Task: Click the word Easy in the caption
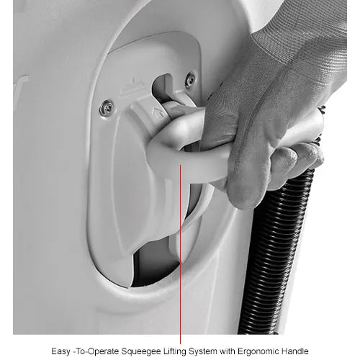[x=61, y=351]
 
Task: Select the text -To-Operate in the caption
[x=96, y=351]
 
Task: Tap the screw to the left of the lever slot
[x=107, y=108]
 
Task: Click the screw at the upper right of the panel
[x=190, y=79]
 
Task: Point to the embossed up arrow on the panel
[x=158, y=112]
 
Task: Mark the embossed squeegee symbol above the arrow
[x=133, y=85]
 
